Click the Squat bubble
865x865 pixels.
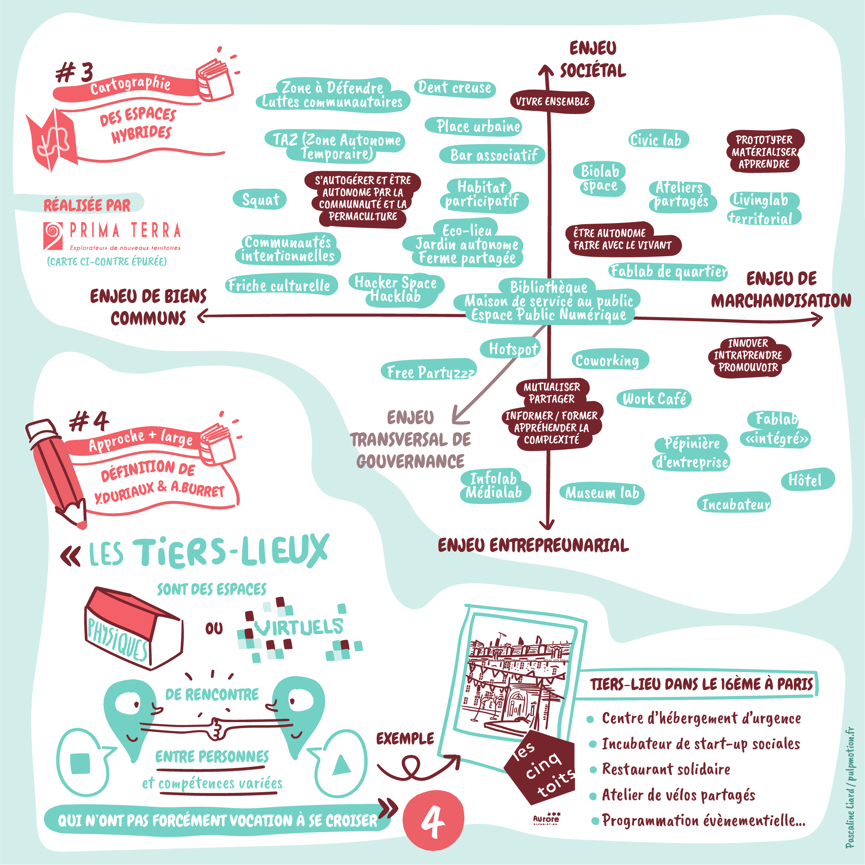(x=260, y=199)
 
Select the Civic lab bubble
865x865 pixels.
(x=658, y=140)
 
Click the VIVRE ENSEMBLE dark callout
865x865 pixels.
(x=552, y=102)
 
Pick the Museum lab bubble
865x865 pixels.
(x=602, y=493)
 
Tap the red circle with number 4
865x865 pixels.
(x=433, y=820)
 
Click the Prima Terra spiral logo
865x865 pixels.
(x=53, y=235)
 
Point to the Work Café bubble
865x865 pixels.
(x=654, y=398)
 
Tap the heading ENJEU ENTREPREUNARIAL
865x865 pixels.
(x=533, y=545)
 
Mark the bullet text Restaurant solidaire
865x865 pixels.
(x=666, y=770)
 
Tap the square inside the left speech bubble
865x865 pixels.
(x=80, y=763)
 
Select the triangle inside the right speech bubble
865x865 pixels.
(x=341, y=764)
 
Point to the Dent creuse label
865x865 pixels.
(x=454, y=87)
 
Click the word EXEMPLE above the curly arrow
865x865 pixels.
(x=405, y=738)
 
